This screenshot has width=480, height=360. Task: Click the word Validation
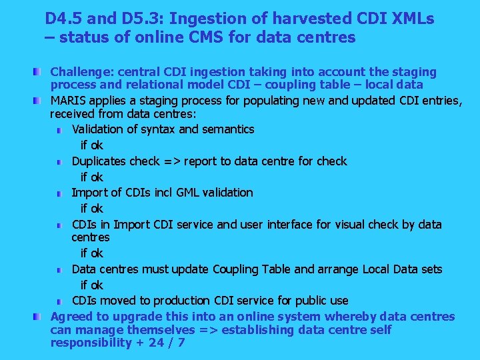click(99, 129)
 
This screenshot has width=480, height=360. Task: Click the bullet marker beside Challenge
click(42, 71)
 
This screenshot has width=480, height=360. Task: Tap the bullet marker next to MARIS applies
click(42, 100)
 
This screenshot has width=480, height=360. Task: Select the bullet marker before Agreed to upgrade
click(42, 316)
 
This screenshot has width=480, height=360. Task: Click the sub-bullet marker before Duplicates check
click(60, 161)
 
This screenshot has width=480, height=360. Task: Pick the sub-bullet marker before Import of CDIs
click(60, 193)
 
